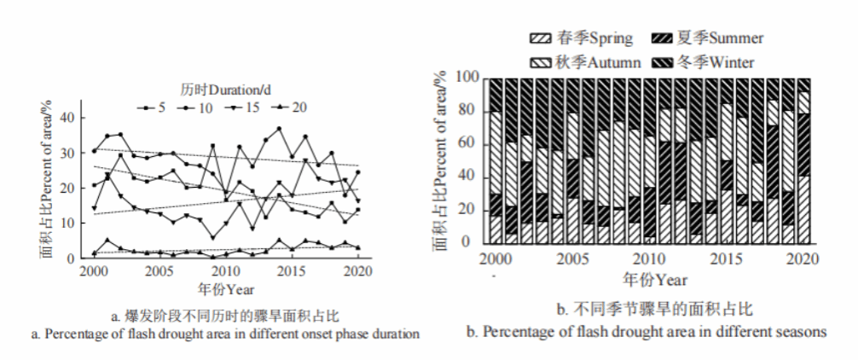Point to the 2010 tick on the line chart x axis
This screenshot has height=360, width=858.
(224, 270)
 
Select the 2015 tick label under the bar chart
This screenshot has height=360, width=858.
(726, 258)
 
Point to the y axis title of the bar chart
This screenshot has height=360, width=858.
(441, 162)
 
